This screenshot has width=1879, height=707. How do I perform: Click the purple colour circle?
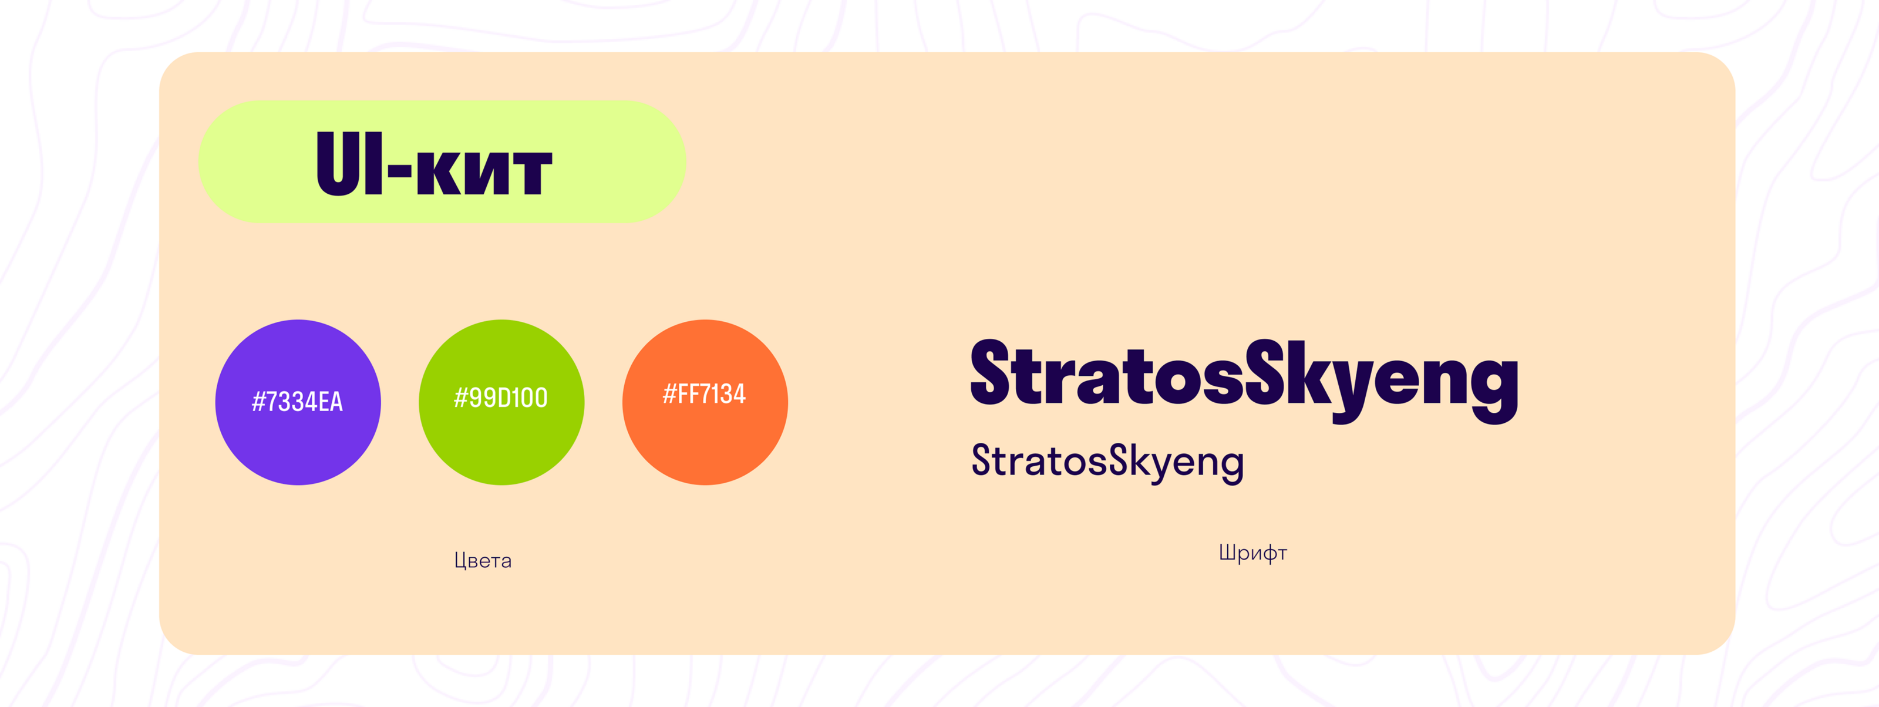298,402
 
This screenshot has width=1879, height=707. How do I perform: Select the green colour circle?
501,402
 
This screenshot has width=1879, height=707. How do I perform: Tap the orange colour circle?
705,402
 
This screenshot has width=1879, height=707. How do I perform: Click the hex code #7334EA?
297,401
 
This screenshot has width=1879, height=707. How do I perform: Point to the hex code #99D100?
500,398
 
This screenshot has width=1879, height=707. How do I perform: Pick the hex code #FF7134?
704,394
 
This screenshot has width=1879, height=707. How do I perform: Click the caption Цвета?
483,560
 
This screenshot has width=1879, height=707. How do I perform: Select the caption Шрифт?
1252,553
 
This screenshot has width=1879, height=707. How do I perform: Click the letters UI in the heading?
350,163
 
